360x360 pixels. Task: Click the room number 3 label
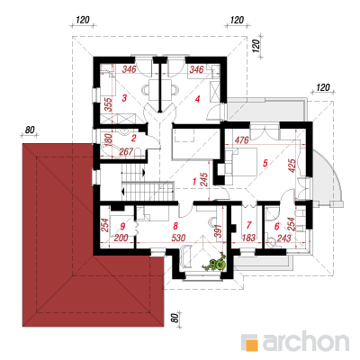coord(124,98)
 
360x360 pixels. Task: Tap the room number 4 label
coord(197,99)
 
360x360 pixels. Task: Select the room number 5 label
coord(265,163)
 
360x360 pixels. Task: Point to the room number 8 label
coord(175,225)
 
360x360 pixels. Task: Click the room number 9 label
coord(122,226)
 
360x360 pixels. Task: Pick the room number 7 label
coord(248,225)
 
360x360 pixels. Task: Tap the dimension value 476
coord(242,140)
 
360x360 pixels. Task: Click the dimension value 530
coord(178,238)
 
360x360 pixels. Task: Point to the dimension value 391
coord(219,230)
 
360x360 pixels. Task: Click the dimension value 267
coord(126,152)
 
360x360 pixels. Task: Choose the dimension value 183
coord(248,238)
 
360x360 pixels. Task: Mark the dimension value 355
coord(108,104)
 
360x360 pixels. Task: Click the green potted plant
coord(215,263)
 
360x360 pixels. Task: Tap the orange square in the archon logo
coord(252,345)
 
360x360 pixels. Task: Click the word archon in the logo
coord(306,341)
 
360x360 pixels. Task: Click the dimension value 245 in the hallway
coord(204,180)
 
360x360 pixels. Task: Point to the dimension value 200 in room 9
coord(121,238)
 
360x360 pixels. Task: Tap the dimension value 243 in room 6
coord(283,238)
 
